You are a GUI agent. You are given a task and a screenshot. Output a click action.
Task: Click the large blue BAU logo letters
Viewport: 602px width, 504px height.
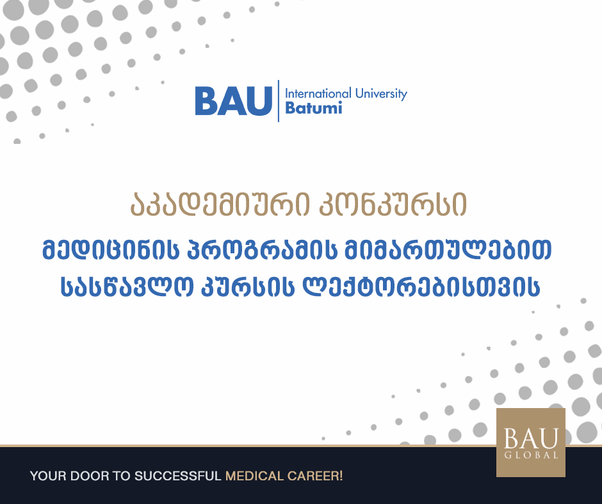pyautogui.click(x=233, y=101)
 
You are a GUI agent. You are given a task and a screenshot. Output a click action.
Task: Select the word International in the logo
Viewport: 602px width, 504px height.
pyautogui.click(x=318, y=93)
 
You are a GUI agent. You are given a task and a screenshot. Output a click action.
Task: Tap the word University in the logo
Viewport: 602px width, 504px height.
pyautogui.click(x=381, y=94)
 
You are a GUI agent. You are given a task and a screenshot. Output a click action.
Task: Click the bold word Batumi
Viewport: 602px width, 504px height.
pyautogui.click(x=314, y=108)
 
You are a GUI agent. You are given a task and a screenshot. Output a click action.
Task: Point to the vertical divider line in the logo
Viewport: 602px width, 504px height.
pyautogui.click(x=279, y=101)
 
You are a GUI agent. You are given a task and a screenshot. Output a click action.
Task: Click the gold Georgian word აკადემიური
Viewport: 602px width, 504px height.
pyautogui.click(x=220, y=204)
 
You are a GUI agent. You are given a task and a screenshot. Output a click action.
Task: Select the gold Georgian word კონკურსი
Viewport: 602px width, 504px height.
pyautogui.click(x=393, y=204)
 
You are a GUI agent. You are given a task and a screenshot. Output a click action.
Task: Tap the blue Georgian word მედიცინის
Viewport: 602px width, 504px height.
pyautogui.click(x=111, y=249)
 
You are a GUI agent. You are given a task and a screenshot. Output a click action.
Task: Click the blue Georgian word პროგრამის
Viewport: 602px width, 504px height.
pyautogui.click(x=262, y=249)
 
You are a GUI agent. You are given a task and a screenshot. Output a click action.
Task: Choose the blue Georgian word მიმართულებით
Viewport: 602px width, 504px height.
pyautogui.click(x=448, y=249)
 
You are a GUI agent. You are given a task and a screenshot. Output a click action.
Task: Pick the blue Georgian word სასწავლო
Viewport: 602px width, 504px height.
pyautogui.click(x=127, y=286)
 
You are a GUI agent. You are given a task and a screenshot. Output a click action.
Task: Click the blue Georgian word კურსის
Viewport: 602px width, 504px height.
pyautogui.click(x=248, y=286)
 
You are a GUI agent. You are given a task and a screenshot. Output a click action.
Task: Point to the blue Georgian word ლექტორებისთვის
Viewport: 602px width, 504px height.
pyautogui.click(x=421, y=286)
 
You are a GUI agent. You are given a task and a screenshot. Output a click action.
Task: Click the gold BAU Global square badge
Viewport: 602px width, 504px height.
pyautogui.click(x=530, y=443)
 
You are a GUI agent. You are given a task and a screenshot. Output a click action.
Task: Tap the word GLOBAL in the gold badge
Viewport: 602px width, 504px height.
pyautogui.click(x=531, y=455)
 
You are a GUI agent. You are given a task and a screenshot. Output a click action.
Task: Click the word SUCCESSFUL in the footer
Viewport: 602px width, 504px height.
pyautogui.click(x=178, y=476)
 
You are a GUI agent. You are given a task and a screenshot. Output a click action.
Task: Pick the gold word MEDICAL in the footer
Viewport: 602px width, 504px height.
pyautogui.click(x=254, y=476)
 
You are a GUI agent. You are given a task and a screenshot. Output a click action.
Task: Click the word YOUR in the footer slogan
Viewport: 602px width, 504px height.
pyautogui.click(x=48, y=476)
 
